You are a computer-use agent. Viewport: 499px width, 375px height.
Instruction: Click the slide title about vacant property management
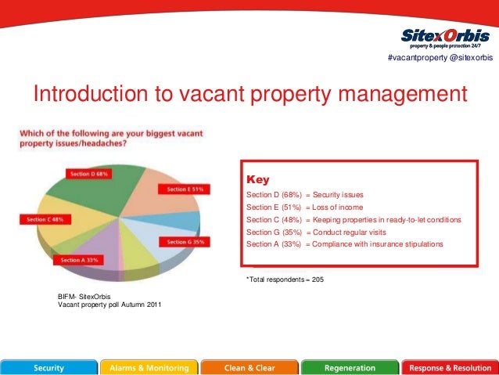point(249,94)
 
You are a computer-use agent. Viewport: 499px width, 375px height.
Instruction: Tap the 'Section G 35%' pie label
point(184,242)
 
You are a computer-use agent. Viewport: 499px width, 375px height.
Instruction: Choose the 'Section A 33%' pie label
point(81,259)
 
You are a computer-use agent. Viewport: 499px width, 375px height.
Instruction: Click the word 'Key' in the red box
point(258,179)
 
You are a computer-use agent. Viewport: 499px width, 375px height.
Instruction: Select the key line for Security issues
point(304,194)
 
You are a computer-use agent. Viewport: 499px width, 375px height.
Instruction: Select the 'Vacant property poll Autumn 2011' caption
point(109,304)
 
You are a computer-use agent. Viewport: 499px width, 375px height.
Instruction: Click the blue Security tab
point(48,367)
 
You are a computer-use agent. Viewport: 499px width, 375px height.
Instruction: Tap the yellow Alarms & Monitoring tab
point(149,367)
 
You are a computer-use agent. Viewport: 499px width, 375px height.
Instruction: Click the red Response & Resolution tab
point(450,367)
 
